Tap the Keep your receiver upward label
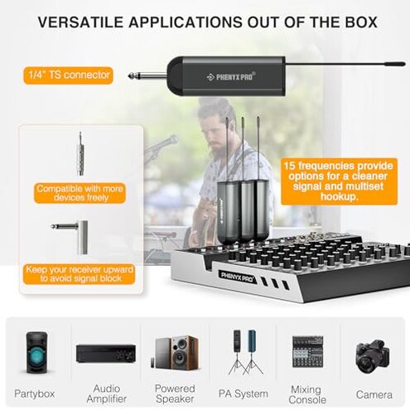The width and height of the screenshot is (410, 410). coord(79,274)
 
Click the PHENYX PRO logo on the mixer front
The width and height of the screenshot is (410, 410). coord(237,273)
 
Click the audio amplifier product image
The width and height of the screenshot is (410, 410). coord(105,354)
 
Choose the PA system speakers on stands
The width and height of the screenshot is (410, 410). coord(242,352)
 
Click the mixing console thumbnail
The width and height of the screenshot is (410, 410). coord(306,352)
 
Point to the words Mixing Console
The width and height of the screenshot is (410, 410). coord(306,393)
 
